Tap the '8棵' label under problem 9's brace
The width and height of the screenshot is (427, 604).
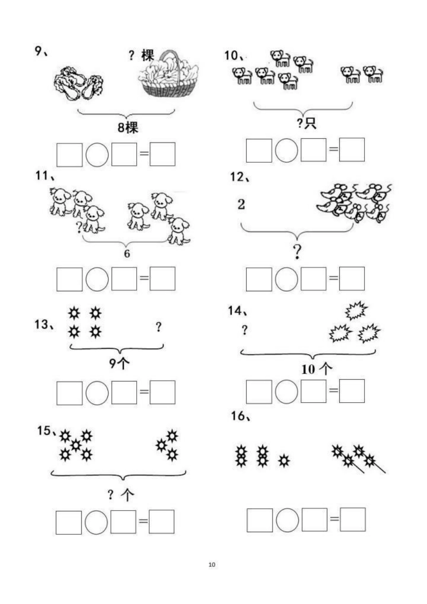tap(128, 127)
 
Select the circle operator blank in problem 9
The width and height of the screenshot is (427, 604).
tap(97, 155)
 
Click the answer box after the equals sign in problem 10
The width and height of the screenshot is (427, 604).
tap(352, 150)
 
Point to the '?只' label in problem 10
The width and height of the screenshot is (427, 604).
tap(307, 123)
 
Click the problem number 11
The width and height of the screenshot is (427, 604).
tap(42, 176)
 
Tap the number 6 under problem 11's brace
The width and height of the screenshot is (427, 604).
tap(127, 253)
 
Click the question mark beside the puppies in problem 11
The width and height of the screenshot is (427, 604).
tap(79, 227)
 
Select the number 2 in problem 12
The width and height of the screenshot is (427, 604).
tap(241, 204)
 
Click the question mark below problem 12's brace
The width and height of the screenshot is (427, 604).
tap(297, 252)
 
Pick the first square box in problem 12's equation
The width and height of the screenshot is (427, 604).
tap(259, 279)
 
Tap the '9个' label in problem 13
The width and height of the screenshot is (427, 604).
tap(119, 363)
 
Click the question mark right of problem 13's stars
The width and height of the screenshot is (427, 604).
tap(159, 327)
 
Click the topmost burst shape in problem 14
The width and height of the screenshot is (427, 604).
tap(356, 310)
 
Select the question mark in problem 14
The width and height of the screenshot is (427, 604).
tap(245, 330)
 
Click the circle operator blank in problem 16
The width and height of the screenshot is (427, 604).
tap(287, 520)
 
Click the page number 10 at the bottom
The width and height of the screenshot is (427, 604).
tap(212, 564)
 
